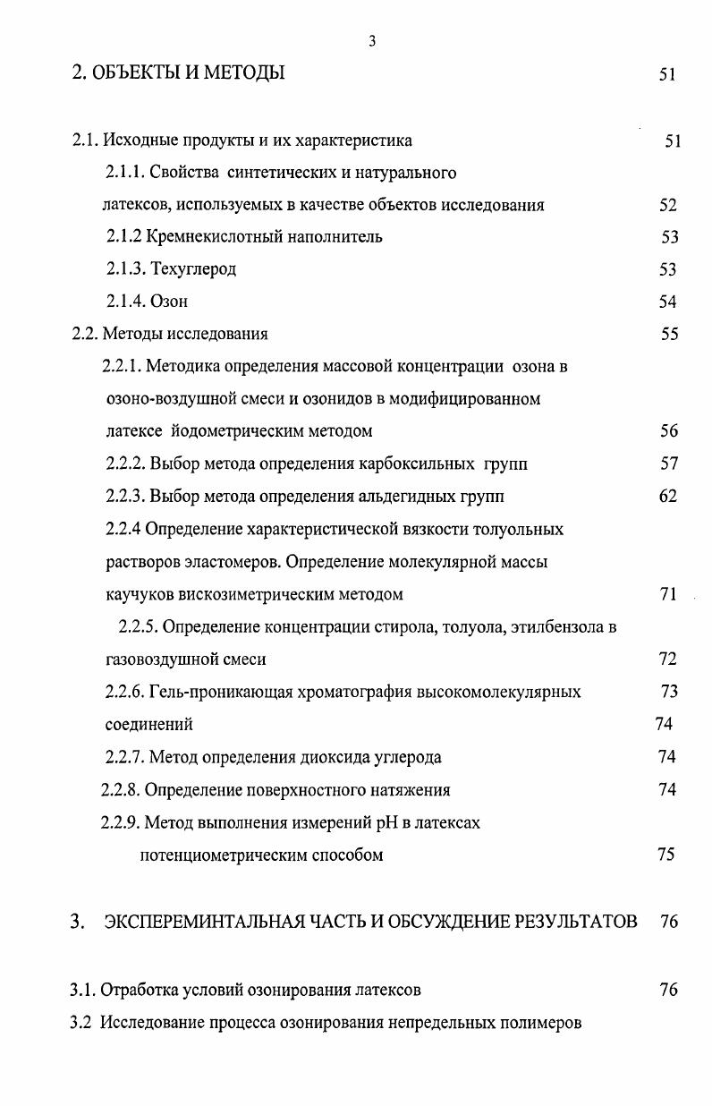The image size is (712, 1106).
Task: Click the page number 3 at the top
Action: click(x=371, y=41)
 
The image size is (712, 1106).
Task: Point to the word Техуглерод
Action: click(x=194, y=269)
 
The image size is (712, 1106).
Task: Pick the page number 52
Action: click(x=668, y=205)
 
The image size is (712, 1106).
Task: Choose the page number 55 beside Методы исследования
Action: click(x=669, y=335)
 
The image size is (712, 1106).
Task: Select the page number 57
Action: click(x=668, y=464)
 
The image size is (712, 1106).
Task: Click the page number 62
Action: click(x=668, y=496)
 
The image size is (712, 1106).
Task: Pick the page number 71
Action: click(x=668, y=594)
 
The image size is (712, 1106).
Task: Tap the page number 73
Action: click(x=668, y=692)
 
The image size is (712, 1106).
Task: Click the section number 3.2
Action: click(x=81, y=1023)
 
